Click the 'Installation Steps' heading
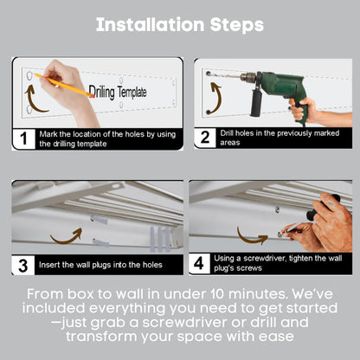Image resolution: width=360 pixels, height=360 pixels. pyautogui.click(x=180, y=24)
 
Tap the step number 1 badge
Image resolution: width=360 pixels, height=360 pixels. pyautogui.click(x=22, y=138)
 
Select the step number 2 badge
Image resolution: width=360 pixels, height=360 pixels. pyautogui.click(x=203, y=138)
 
